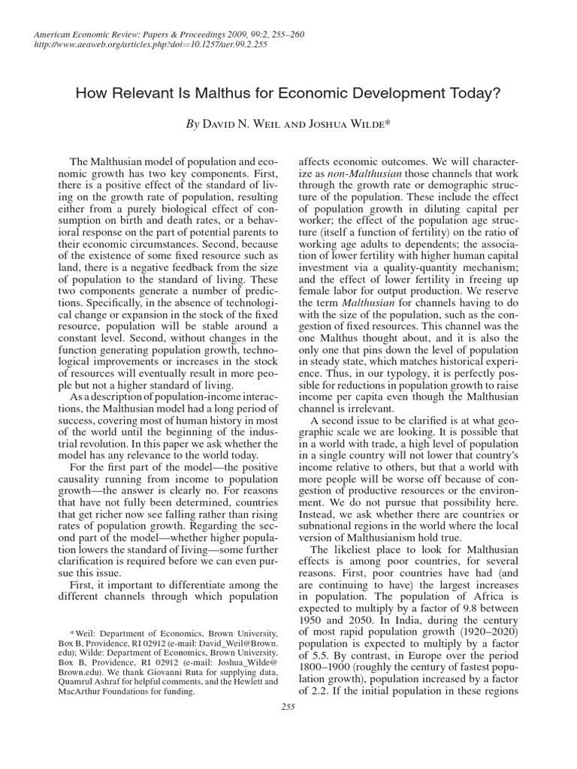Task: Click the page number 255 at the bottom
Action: pos(288,707)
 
